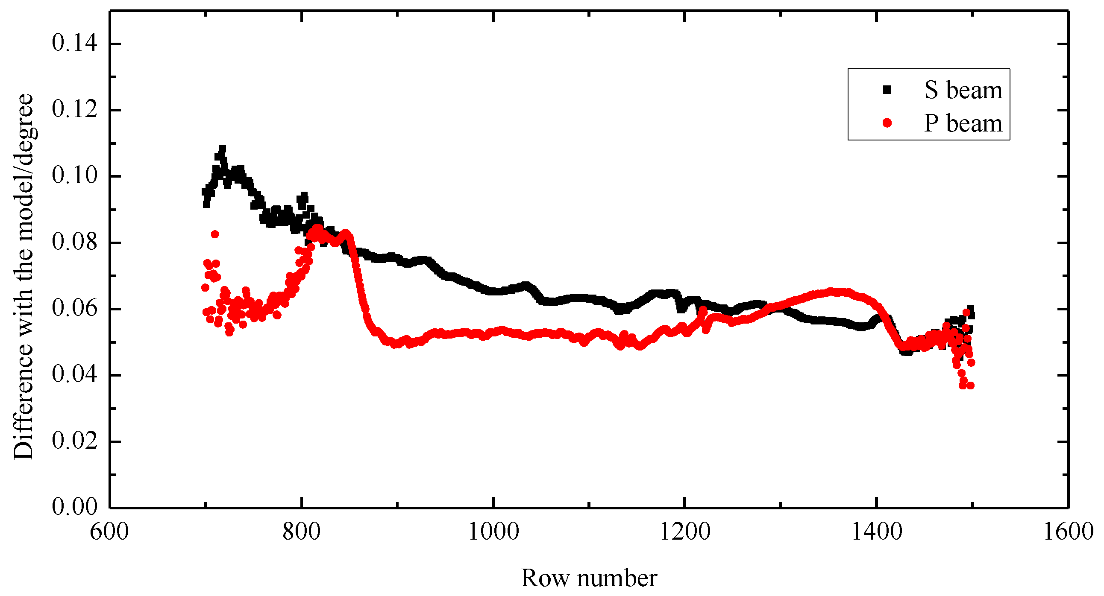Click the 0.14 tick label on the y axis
coord(75,44)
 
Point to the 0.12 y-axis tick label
coord(75,110)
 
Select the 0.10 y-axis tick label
coord(75,176)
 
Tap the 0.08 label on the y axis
coord(75,242)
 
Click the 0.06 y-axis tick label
coord(75,309)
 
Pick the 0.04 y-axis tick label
coord(75,375)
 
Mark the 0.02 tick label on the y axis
coord(75,441)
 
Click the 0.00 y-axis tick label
coord(75,507)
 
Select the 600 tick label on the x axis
coord(109,532)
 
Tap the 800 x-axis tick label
coord(302,532)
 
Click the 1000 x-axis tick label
coord(493,532)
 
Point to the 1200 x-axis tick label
coord(685,532)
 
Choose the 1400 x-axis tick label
coord(876,532)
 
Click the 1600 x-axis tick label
coord(1068,532)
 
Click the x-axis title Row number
coord(589,578)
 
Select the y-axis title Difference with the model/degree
coord(23,277)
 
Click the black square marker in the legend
coord(887,90)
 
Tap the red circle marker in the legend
coord(887,123)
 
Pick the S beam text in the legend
coord(963,91)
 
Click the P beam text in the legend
coord(963,124)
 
